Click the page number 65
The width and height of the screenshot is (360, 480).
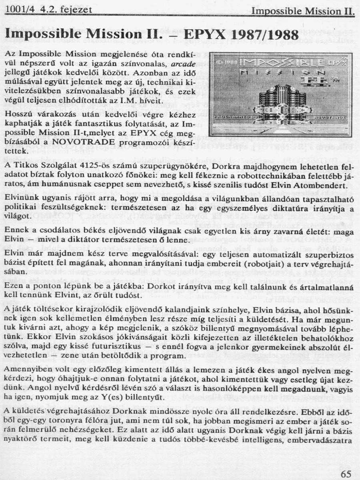pyautogui.click(x=346, y=474)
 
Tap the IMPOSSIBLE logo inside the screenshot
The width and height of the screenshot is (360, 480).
pyautogui.click(x=276, y=63)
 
